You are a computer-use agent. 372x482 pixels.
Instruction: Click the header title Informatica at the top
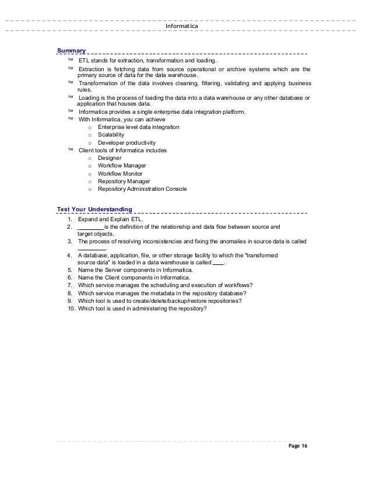182,26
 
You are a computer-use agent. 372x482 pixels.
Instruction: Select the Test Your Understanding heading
94,208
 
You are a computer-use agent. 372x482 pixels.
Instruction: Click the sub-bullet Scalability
111,135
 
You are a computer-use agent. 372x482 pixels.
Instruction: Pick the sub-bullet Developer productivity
127,142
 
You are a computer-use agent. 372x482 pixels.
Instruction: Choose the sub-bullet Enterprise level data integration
138,127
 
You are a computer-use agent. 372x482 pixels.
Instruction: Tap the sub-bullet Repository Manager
124,181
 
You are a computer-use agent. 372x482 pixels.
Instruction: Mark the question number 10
72,309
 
